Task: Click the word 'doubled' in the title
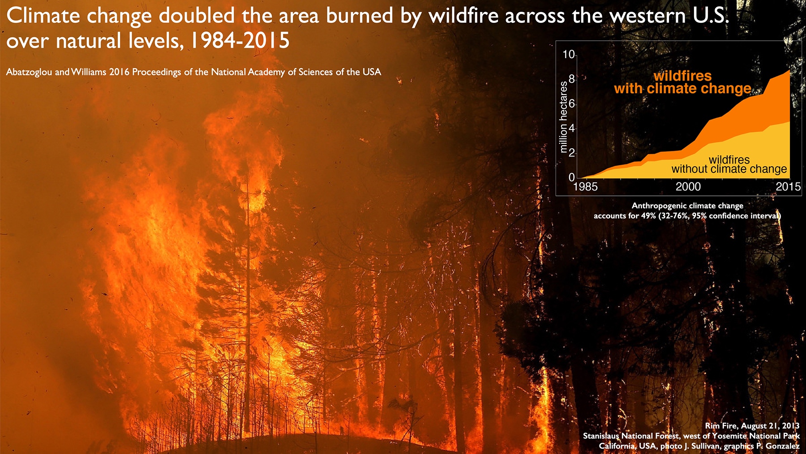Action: point(197,16)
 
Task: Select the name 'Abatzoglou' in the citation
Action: point(29,72)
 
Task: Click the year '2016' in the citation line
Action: point(119,72)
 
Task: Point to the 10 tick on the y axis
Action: point(568,54)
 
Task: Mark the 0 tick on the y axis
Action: point(571,177)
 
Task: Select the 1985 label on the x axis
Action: point(585,187)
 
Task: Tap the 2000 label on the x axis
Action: point(688,187)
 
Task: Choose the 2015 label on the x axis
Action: point(788,187)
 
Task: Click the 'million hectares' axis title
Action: point(564,117)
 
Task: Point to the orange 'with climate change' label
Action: point(682,88)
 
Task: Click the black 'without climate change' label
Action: point(729,169)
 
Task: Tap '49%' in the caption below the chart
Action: point(648,216)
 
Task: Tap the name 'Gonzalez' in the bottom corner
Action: point(782,446)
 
